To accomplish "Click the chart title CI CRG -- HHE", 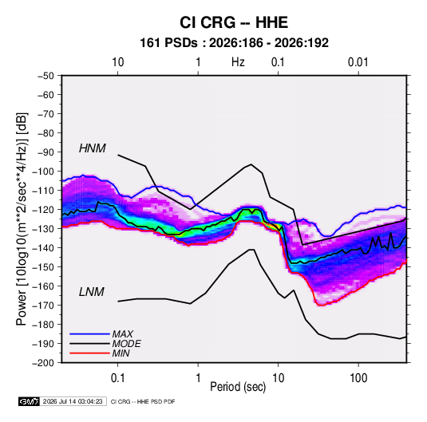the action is coord(234,22).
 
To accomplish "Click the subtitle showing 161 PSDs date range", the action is coord(234,43).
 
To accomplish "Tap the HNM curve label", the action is coord(93,148).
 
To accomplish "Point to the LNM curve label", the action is coord(92,292).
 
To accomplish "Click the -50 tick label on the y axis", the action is coord(45,76).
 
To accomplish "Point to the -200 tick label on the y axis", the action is coord(44,363).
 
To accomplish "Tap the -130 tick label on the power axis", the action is coord(44,229).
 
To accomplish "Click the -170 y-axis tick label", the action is coord(44,306).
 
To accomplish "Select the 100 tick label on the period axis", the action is coord(358,378).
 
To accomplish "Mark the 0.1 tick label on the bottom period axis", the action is coord(117,378).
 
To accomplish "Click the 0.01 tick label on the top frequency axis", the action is coord(358,62).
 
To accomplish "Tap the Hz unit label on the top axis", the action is coord(238,62).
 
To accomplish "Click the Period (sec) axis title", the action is coord(238,387).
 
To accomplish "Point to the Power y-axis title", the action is coord(22,219).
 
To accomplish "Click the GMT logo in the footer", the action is coord(29,401).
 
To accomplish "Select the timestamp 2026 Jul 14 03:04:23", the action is coord(73,401).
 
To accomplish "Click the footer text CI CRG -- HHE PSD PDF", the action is coord(143,401).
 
